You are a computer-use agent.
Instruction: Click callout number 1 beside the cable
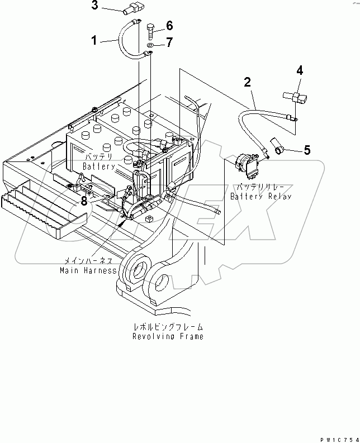tap(94, 40)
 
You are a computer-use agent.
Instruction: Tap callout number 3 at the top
tap(94, 6)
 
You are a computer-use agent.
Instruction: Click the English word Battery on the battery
tap(99, 166)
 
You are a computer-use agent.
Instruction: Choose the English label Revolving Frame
tap(168, 337)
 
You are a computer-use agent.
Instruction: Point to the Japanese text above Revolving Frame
tap(168, 327)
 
